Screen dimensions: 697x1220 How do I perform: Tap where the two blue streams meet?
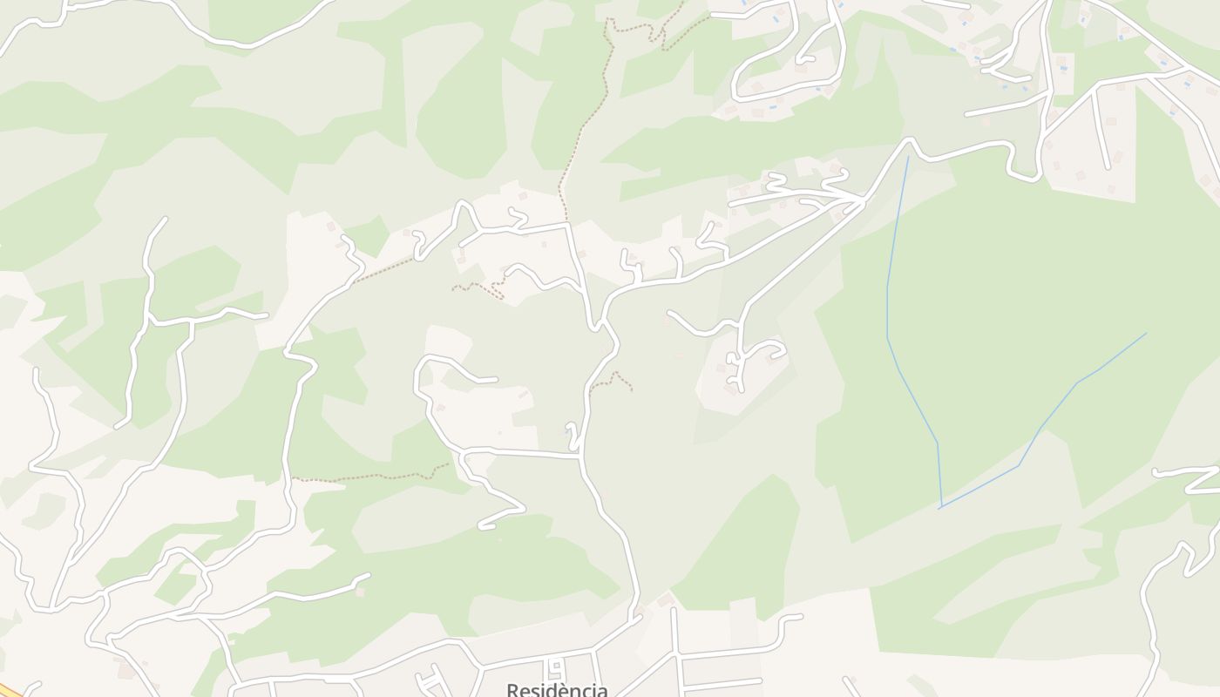click(940, 507)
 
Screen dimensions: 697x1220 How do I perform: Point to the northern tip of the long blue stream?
click(908, 158)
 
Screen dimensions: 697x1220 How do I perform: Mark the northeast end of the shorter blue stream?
click(1146, 333)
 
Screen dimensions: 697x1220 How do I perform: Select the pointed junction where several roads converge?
click(863, 201)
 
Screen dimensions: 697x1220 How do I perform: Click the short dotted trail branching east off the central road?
click(614, 379)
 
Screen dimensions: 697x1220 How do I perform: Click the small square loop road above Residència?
click(556, 669)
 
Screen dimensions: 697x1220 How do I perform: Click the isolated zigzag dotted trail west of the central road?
click(478, 288)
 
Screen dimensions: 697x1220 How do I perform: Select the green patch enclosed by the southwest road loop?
click(174, 585)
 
